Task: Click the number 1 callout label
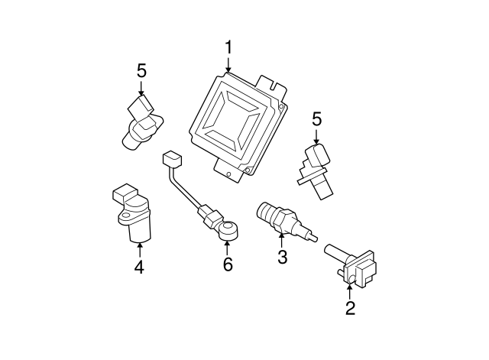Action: click(228, 48)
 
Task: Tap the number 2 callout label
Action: click(350, 309)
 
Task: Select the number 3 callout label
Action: click(282, 258)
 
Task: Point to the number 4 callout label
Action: click(139, 267)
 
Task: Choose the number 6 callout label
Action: click(227, 265)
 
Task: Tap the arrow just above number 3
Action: click(282, 240)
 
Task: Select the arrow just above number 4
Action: click(139, 248)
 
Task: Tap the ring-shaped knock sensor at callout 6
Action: click(227, 228)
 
